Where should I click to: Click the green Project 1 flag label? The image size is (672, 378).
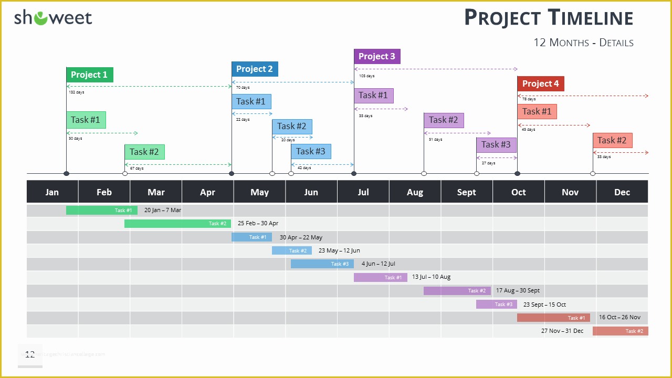point(89,75)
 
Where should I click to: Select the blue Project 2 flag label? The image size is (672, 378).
point(255,69)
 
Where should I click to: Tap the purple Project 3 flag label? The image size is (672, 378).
point(377,56)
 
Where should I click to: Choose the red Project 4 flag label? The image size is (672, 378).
point(540,83)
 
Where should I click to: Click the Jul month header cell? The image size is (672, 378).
point(363,192)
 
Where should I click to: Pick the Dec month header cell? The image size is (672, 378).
point(622,192)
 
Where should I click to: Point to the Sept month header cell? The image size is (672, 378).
point(467,192)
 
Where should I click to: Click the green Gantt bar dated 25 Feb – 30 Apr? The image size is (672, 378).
point(177,224)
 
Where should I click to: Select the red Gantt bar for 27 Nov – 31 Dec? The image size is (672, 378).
point(620,331)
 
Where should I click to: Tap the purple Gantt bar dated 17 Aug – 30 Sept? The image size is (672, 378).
point(457,290)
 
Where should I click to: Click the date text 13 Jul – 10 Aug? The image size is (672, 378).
point(431,277)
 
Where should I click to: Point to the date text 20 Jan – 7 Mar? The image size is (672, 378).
point(163,210)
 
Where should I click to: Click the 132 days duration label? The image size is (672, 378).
point(76,92)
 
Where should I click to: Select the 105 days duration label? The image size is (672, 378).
point(366,76)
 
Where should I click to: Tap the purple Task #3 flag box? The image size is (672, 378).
point(496,145)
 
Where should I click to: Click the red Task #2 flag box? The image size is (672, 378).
point(612,140)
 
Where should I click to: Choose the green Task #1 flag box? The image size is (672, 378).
point(86,120)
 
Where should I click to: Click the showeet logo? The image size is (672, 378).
point(53,18)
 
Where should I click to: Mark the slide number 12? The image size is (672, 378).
point(30,354)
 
